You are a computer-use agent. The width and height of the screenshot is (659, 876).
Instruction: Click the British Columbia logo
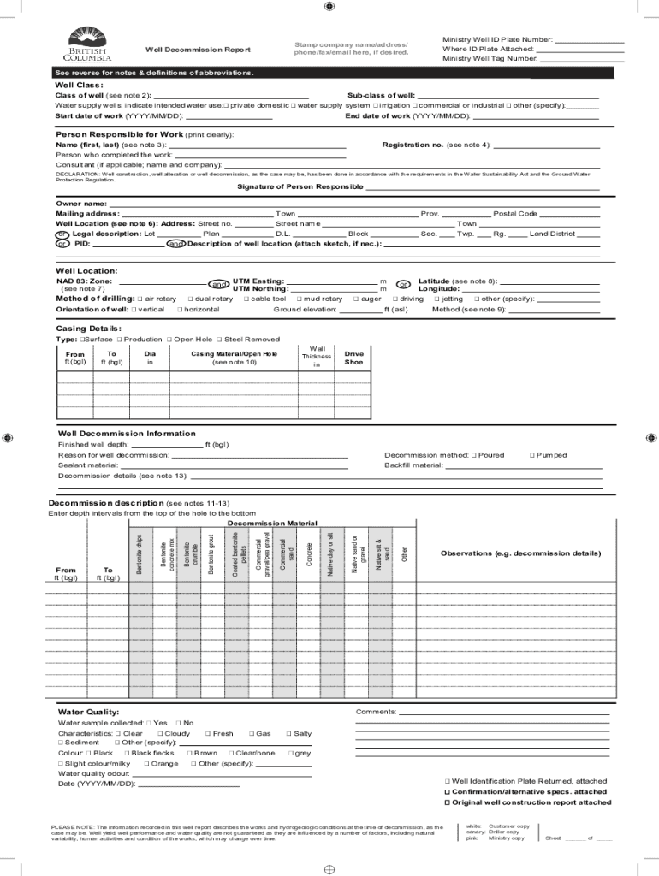tap(89, 46)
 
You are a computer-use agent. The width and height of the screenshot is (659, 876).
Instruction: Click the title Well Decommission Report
tap(198, 50)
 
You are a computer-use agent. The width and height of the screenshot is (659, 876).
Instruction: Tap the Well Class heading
tap(79, 86)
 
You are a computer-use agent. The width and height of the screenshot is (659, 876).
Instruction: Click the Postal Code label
tap(515, 214)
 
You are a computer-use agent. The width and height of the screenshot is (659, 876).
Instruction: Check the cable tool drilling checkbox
tap(246, 299)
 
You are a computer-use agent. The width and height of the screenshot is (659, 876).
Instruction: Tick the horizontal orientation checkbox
tap(179, 310)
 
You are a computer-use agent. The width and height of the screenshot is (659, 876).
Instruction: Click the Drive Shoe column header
tap(353, 358)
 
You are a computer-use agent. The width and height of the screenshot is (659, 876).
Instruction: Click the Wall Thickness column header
tap(317, 357)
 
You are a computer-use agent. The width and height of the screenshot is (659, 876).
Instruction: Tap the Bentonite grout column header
tap(211, 553)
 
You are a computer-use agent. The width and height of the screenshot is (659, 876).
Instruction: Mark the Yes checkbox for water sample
tap(149, 723)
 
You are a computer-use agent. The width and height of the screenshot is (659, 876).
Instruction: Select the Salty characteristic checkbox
tap(288, 734)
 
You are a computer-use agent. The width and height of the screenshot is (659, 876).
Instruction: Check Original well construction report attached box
tap(447, 802)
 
